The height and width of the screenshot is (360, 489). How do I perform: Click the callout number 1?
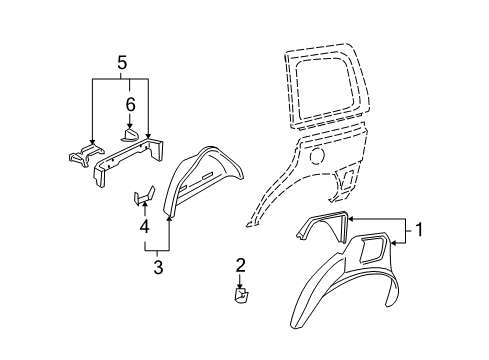419,230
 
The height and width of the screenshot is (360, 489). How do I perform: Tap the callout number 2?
240,264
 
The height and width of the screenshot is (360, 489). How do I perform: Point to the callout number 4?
143,226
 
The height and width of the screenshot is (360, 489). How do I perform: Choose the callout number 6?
128,103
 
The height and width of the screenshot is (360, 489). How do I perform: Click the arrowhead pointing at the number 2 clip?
240,285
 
